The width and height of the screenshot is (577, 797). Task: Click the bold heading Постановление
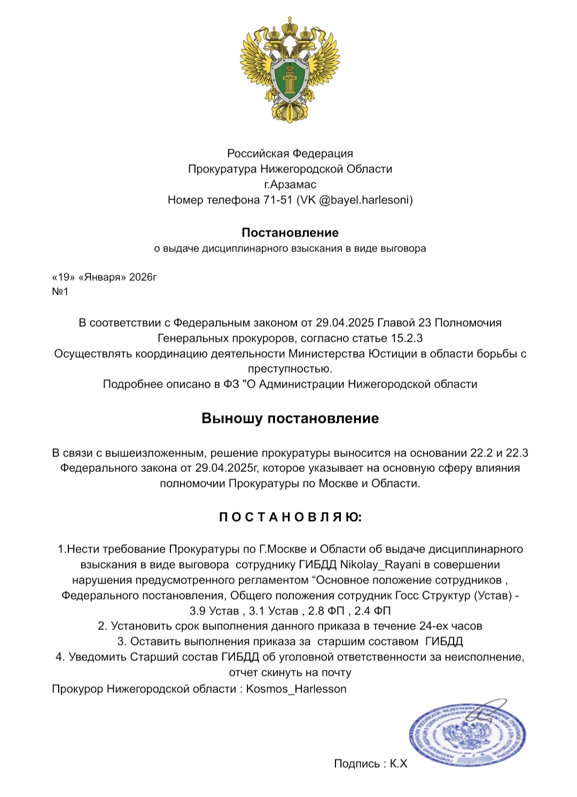[290, 233]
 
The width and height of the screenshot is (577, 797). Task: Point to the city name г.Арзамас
[290, 185]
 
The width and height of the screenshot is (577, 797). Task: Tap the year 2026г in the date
[143, 278]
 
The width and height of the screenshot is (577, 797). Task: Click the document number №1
[60, 292]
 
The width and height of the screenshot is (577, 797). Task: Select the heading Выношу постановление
[290, 418]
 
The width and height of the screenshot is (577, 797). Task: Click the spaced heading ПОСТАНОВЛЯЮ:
[290, 517]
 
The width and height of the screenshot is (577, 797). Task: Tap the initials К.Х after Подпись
[398, 764]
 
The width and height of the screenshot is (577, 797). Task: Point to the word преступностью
[290, 369]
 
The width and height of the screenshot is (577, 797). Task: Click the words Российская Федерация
[290, 154]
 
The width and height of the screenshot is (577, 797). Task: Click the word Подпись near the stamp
[357, 764]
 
